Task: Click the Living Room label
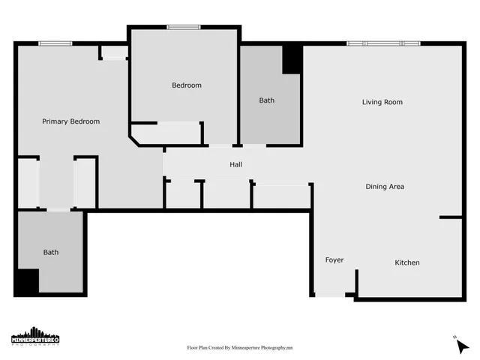382,102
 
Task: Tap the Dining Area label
385,186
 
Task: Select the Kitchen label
407,262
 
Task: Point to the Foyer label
334,260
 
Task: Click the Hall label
235,164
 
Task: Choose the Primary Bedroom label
70,121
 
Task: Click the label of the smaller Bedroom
187,85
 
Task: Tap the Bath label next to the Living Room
266,100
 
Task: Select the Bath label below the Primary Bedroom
50,253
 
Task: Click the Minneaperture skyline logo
35,337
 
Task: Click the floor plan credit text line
239,348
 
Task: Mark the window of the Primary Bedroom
55,43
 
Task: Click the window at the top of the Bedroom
184,28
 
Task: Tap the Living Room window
382,43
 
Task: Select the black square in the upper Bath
292,60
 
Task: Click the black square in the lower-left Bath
26,281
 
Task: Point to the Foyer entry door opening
330,295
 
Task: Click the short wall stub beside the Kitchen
451,217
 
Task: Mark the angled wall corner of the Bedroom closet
135,139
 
